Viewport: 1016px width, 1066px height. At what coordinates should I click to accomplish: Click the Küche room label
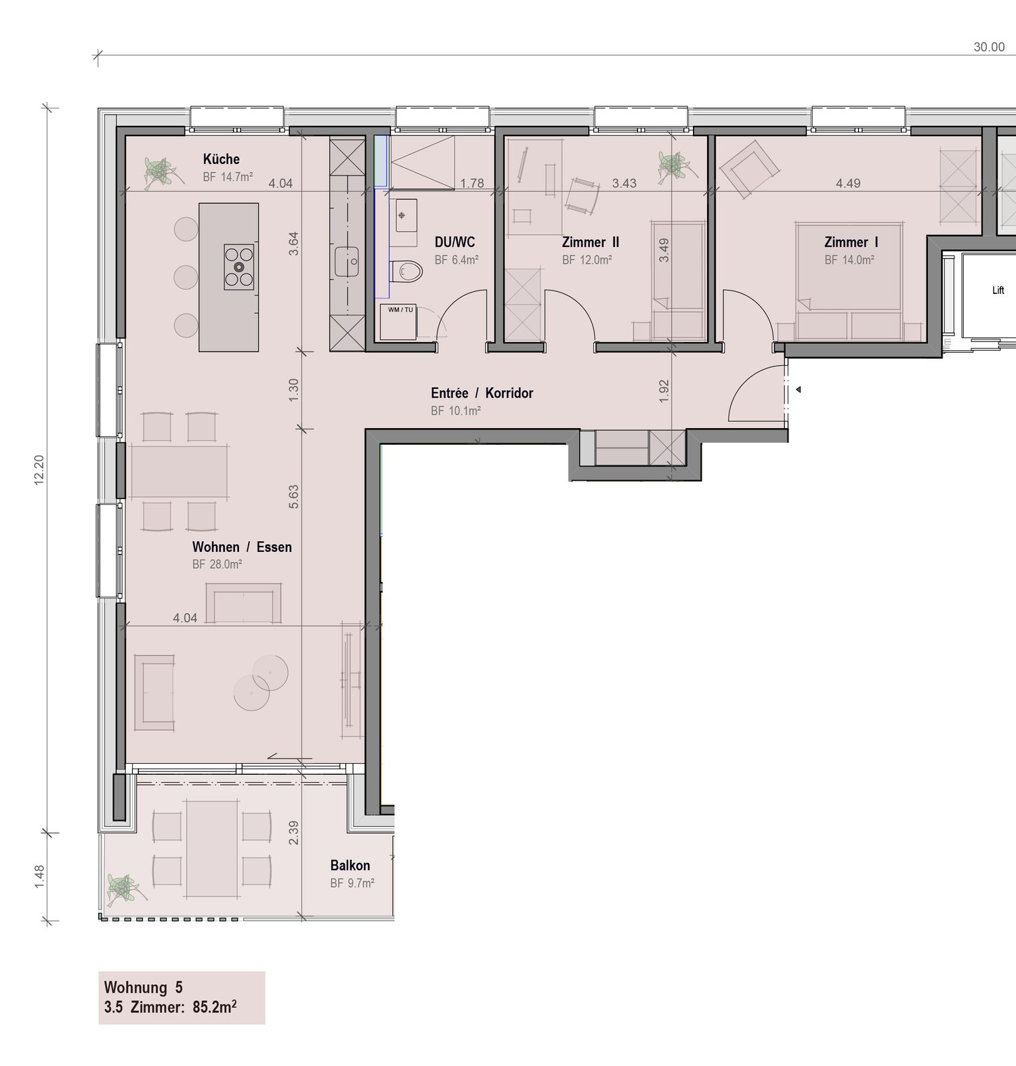[221, 159]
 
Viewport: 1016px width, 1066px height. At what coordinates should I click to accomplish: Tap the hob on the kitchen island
[239, 266]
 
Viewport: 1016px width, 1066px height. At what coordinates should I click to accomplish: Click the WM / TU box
[400, 323]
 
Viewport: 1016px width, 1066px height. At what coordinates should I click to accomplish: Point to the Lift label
[998, 291]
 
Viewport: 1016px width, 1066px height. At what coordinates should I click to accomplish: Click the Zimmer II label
[590, 242]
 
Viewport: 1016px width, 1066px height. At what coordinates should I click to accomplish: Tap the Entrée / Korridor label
[482, 393]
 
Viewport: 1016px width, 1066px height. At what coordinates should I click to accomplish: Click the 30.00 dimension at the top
[989, 47]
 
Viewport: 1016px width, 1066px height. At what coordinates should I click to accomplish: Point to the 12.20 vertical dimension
[39, 469]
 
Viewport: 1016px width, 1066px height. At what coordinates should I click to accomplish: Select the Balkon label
[350, 866]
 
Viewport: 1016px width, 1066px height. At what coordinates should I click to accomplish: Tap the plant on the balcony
[125, 888]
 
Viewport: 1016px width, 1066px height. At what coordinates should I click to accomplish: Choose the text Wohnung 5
[143, 987]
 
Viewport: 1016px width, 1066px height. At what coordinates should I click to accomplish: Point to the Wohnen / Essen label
[242, 547]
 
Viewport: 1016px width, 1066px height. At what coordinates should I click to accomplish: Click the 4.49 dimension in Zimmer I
[847, 183]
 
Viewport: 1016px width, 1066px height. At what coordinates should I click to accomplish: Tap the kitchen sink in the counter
[346, 261]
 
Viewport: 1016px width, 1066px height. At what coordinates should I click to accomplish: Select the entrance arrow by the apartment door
[799, 389]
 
